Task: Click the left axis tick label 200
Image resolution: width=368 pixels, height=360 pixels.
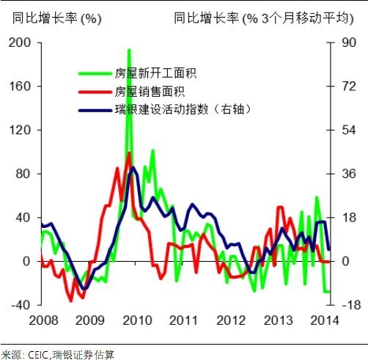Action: tap(21, 43)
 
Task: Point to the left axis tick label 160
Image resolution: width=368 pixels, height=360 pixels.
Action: tap(21, 87)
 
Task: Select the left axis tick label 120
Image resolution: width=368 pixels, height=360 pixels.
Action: tap(21, 131)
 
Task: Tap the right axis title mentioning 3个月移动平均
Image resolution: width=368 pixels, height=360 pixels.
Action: tap(269, 18)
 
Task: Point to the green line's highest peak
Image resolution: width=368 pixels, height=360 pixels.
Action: tap(129, 50)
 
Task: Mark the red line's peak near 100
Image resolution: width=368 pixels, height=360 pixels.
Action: tap(129, 153)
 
